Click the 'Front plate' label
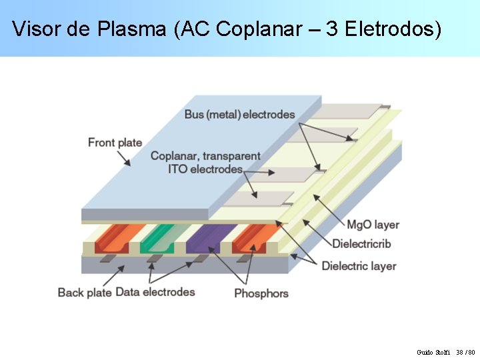115,142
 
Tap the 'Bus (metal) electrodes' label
239,115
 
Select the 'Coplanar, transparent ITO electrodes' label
205,163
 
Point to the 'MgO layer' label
373,225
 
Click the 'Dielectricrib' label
361,243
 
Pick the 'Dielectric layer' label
359,266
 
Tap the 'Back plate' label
84,292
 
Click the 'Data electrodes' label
155,292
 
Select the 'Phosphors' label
261,293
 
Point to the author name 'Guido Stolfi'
433,351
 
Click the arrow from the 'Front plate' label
123,157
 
